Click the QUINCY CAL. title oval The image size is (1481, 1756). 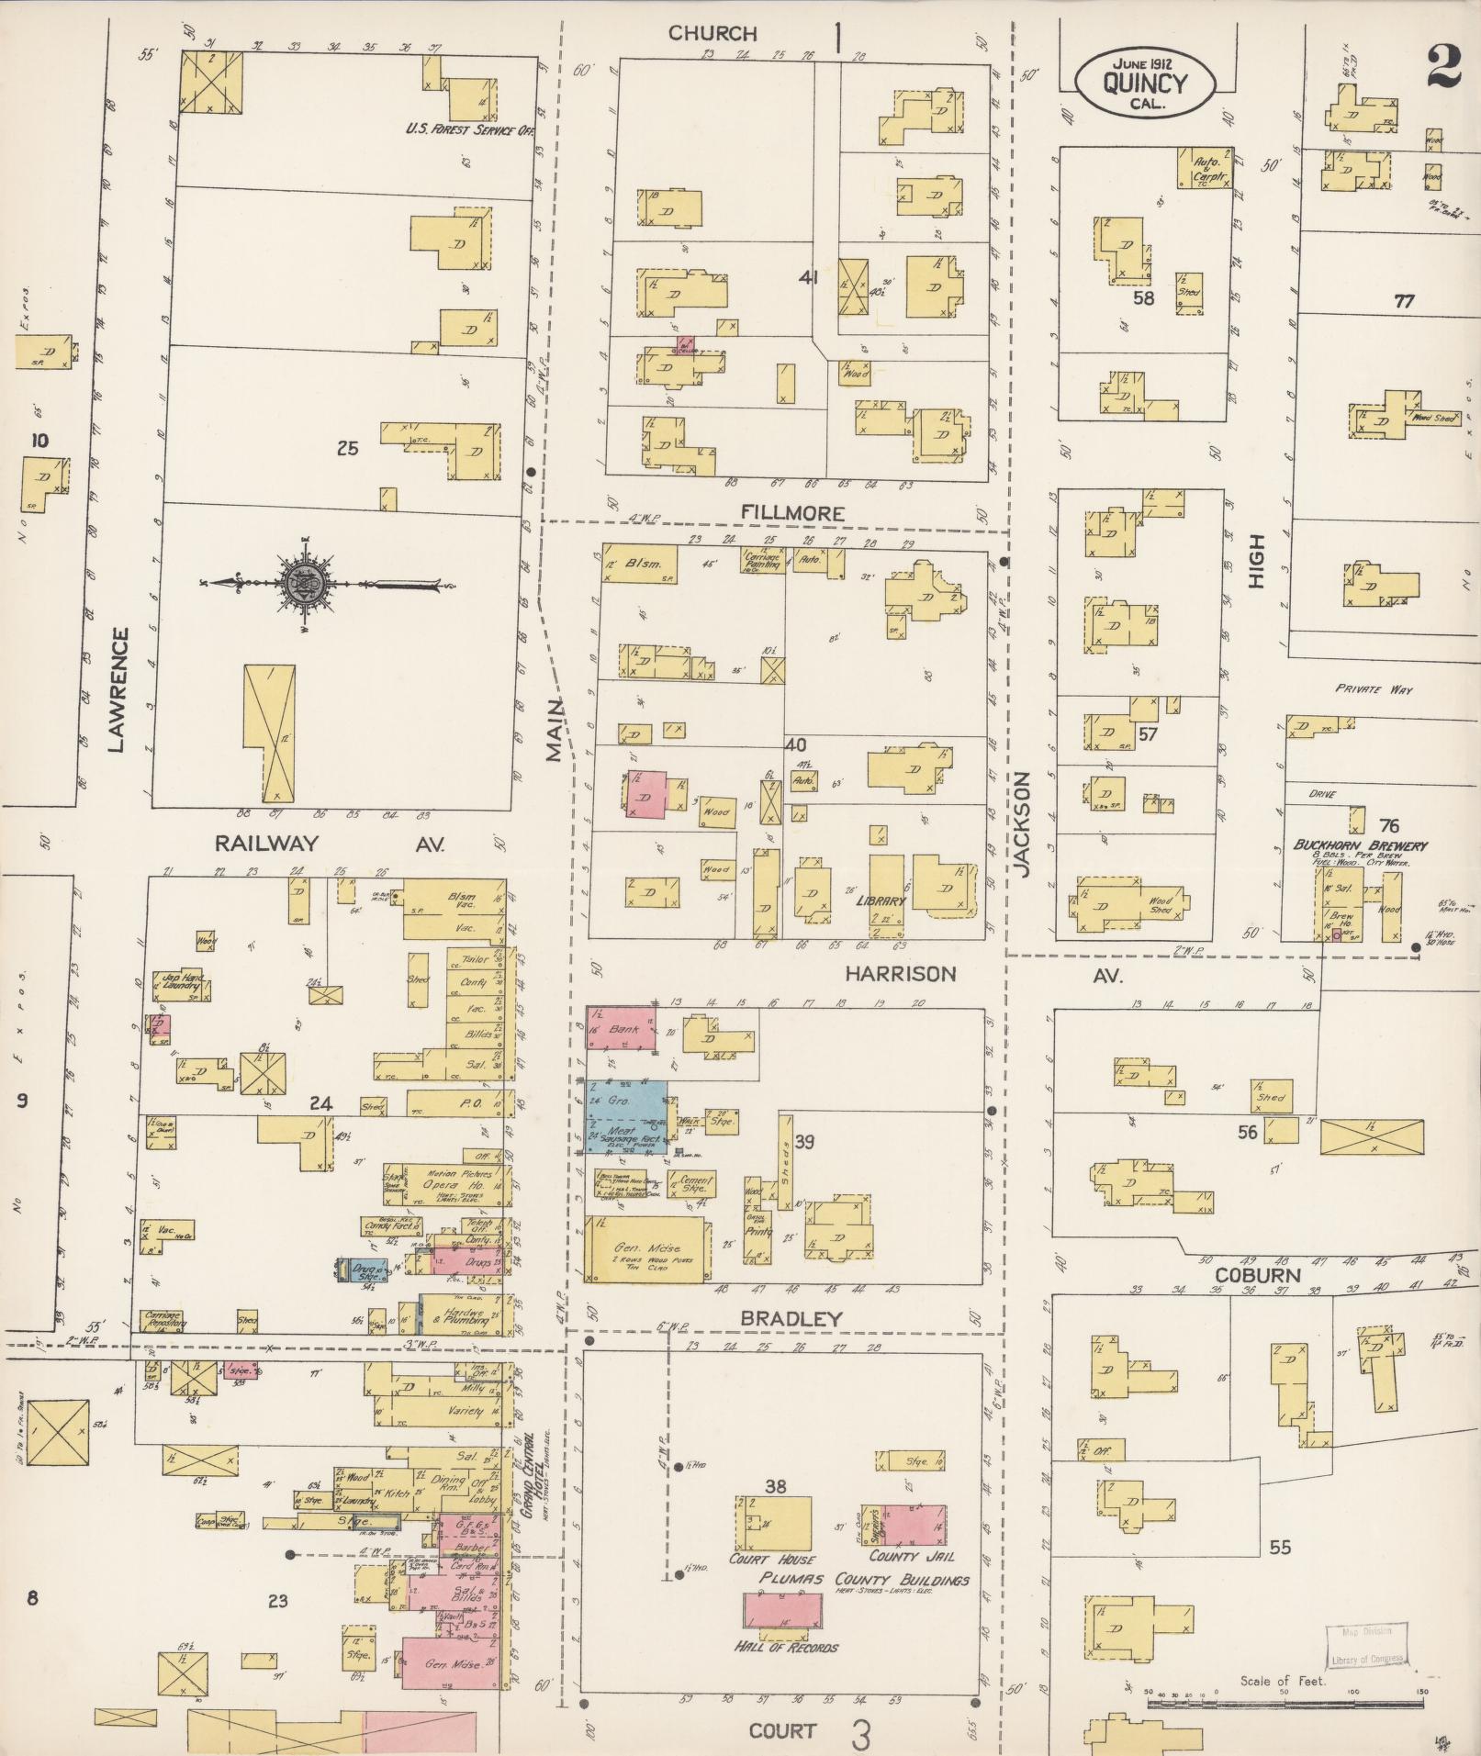[x=1145, y=83]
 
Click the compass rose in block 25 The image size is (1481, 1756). [x=304, y=582]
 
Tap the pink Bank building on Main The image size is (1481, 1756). [x=622, y=1029]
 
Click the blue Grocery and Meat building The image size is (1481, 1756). [x=627, y=1115]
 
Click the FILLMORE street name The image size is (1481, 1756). [x=793, y=513]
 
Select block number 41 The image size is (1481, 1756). [x=808, y=275]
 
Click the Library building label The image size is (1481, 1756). [x=881, y=900]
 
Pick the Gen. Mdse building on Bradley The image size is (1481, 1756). [x=647, y=1249]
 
